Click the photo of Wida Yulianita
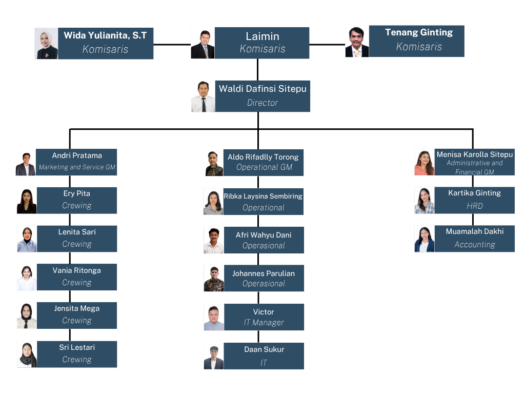(x=46, y=44)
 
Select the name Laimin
(x=262, y=36)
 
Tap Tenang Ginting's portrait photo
(x=357, y=41)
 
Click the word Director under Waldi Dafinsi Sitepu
(x=262, y=103)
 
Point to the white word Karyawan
(x=230, y=132)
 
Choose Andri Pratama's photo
(x=26, y=162)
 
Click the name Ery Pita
(x=76, y=193)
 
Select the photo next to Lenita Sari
(x=27, y=239)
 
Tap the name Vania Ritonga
(x=76, y=270)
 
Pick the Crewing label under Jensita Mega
(x=76, y=321)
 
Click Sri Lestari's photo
(x=27, y=354)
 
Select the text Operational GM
(x=264, y=167)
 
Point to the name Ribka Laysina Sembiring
(x=263, y=196)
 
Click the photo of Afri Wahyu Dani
(x=214, y=240)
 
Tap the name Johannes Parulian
(x=263, y=273)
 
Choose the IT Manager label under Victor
(x=264, y=323)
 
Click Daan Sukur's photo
(x=214, y=356)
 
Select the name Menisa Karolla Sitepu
(x=474, y=154)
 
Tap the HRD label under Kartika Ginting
(x=474, y=206)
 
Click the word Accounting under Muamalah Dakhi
(x=474, y=245)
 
